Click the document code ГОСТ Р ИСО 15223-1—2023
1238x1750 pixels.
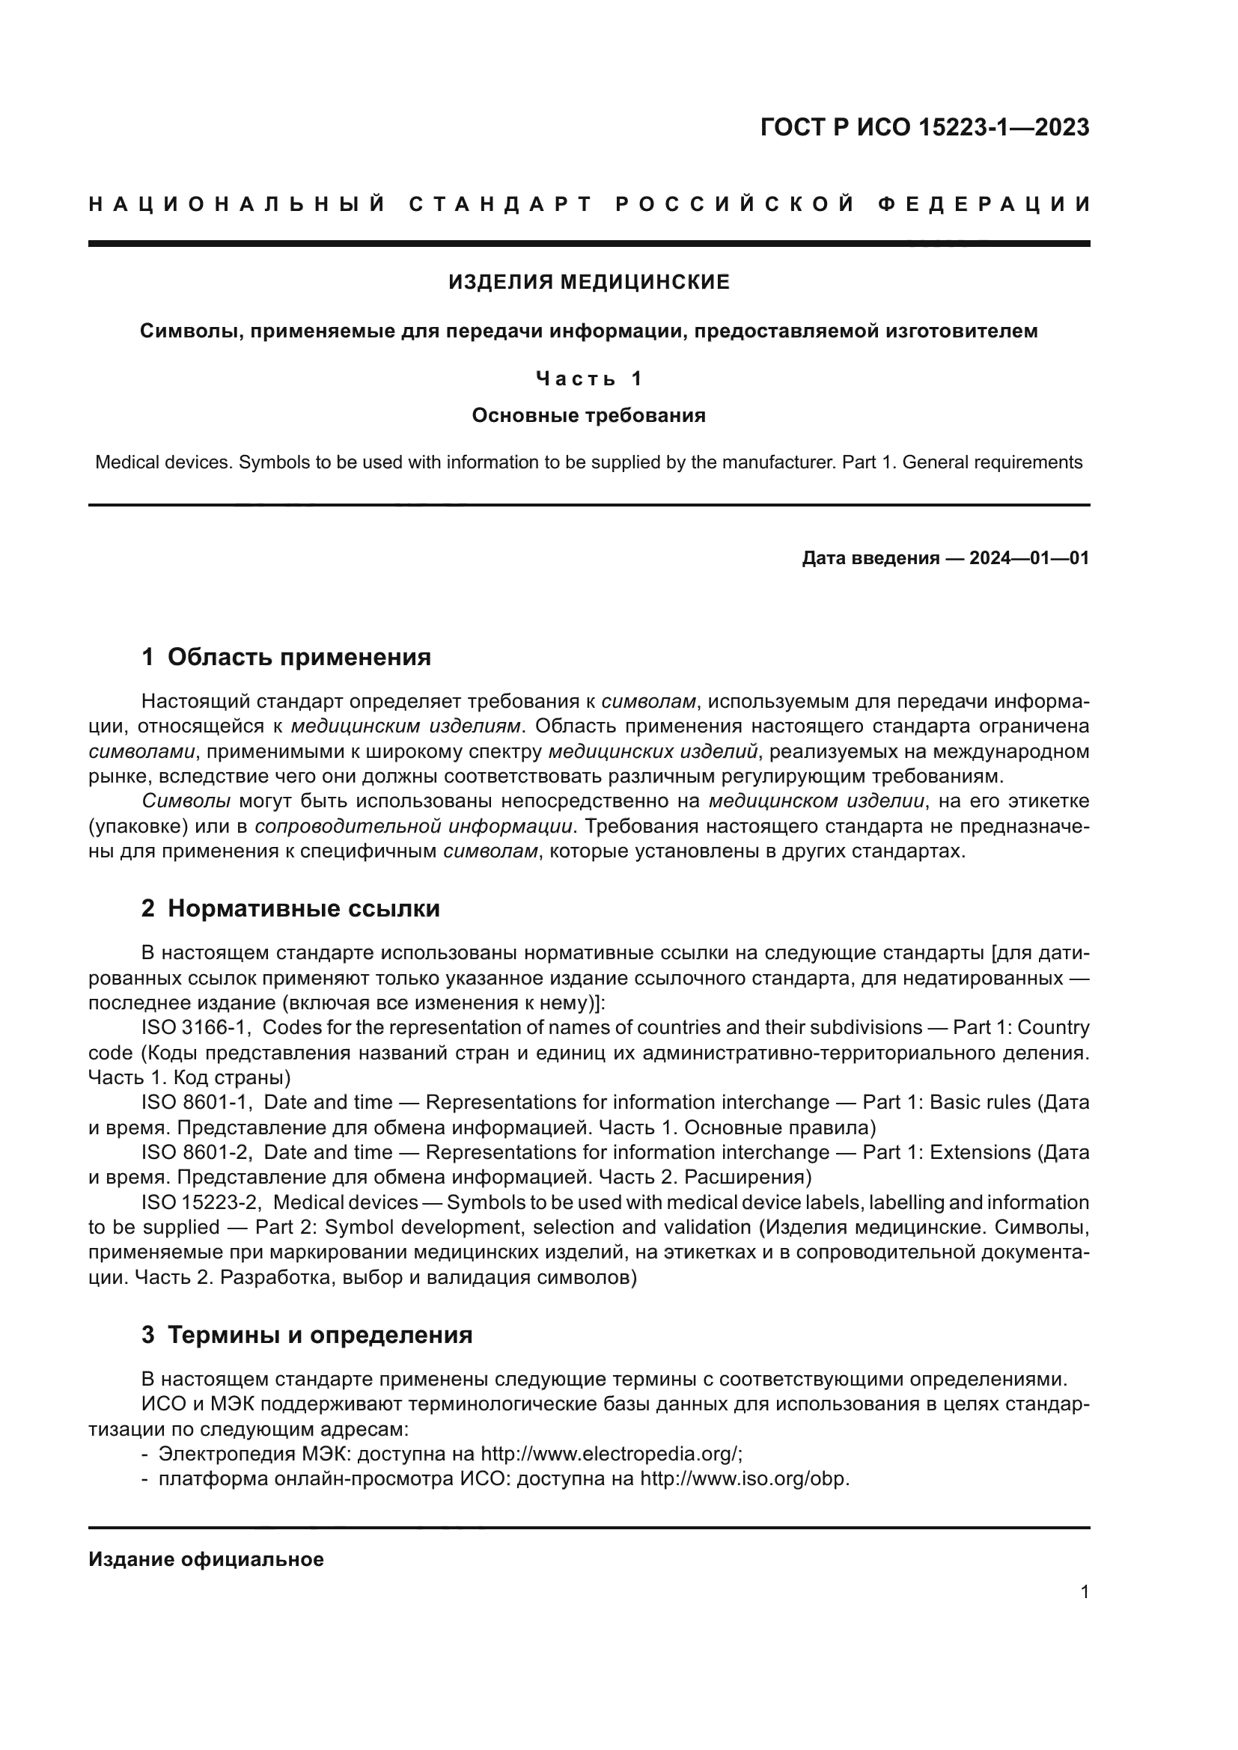click(x=924, y=127)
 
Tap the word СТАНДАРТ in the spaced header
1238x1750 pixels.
click(x=500, y=204)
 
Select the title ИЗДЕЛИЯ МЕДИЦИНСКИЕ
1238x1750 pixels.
click(x=588, y=282)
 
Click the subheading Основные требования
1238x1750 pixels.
click(x=588, y=415)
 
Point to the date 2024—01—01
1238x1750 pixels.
click(x=1028, y=558)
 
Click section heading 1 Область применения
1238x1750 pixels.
click(x=286, y=656)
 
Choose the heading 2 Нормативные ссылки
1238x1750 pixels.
click(x=290, y=908)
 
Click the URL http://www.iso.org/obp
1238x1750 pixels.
click(x=743, y=1478)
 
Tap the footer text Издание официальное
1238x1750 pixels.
click(x=206, y=1559)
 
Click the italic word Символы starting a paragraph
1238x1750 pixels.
click(x=186, y=801)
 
